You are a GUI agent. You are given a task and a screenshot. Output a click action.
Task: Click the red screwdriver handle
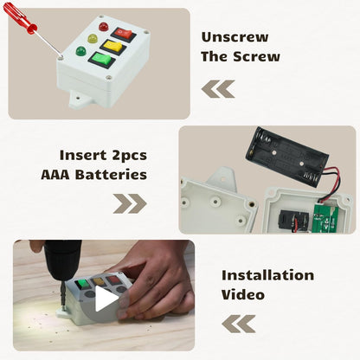click(20, 17)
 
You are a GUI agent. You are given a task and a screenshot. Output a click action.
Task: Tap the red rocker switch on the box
click(123, 35)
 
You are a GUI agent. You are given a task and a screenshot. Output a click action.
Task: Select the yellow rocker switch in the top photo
click(113, 47)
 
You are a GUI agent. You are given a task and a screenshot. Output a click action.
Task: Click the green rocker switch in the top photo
click(101, 60)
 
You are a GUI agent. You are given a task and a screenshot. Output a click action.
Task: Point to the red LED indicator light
click(103, 27)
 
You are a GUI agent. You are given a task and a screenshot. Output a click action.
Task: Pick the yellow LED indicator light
click(93, 38)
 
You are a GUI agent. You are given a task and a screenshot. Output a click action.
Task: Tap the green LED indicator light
click(80, 51)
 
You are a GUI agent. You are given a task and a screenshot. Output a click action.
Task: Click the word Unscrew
click(235, 37)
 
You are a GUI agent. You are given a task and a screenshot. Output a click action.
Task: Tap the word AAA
click(55, 175)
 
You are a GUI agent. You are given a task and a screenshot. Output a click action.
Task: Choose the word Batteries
click(111, 175)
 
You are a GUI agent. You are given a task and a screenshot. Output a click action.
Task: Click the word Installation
click(267, 275)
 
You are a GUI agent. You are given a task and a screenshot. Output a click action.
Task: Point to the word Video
click(243, 294)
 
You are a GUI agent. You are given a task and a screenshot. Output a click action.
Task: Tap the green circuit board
click(325, 219)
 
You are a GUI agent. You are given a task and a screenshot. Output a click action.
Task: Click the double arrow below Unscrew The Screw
click(218, 89)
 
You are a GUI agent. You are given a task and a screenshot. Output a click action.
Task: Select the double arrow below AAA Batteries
click(130, 203)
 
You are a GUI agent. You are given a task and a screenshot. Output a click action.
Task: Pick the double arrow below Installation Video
click(239, 324)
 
